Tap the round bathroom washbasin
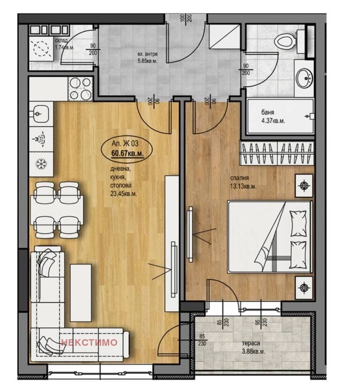[x=305, y=78]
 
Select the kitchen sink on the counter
[x=40, y=114]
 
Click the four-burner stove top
[x=80, y=89]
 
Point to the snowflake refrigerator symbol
[x=41, y=164]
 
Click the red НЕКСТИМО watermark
[x=89, y=342]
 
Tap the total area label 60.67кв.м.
[x=127, y=153]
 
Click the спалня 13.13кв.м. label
[x=243, y=182]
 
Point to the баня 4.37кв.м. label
[x=273, y=116]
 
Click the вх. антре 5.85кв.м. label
[x=148, y=57]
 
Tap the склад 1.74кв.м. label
[x=64, y=44]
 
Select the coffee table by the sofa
[x=81, y=293]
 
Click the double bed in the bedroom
[x=270, y=237]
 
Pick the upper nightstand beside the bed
[x=304, y=186]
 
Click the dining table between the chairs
[x=57, y=210]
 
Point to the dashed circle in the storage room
[x=41, y=48]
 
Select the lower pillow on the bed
[x=298, y=255]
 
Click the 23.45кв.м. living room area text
[x=123, y=194]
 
